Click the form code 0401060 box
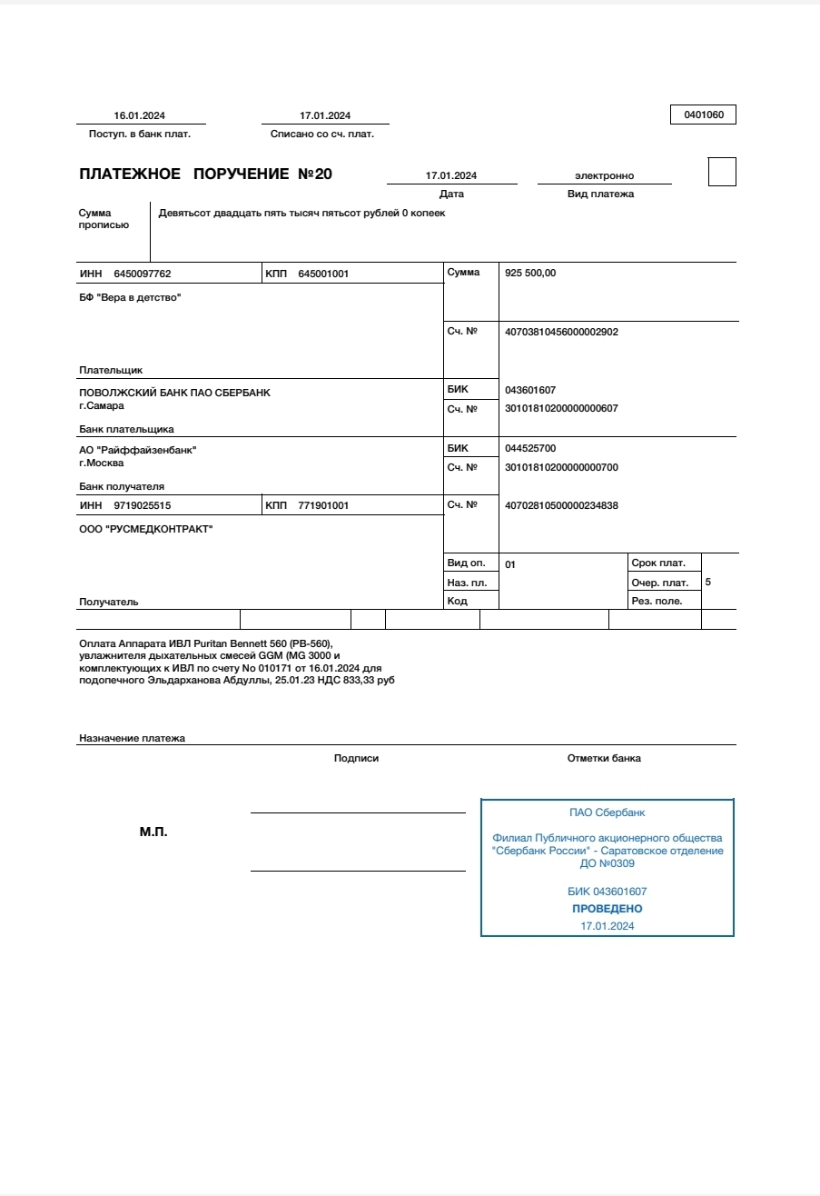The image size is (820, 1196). point(703,115)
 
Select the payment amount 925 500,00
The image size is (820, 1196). point(530,273)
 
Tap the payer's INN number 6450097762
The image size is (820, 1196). point(143,274)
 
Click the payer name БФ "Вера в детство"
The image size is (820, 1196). point(130,297)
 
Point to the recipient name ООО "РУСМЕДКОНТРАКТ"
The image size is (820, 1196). point(146,529)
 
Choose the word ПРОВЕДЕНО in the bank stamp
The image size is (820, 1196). point(607,909)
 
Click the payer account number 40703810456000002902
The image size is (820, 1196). point(561,332)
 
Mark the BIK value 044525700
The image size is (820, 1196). point(530,448)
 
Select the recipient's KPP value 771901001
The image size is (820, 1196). point(323,505)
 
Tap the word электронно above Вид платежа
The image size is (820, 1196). point(604,175)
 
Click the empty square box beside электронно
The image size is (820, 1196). point(722,172)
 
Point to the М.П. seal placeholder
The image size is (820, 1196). point(153,832)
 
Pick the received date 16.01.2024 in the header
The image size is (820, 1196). point(140,115)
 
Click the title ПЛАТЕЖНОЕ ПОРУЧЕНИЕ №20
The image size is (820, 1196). point(206,174)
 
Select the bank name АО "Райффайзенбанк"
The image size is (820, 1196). point(138,450)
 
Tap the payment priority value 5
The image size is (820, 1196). point(708,582)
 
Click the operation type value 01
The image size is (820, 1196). point(510,564)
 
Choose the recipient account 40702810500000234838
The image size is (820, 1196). point(561,505)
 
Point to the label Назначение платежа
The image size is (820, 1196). point(132,738)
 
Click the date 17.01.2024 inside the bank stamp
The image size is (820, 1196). point(607,926)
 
